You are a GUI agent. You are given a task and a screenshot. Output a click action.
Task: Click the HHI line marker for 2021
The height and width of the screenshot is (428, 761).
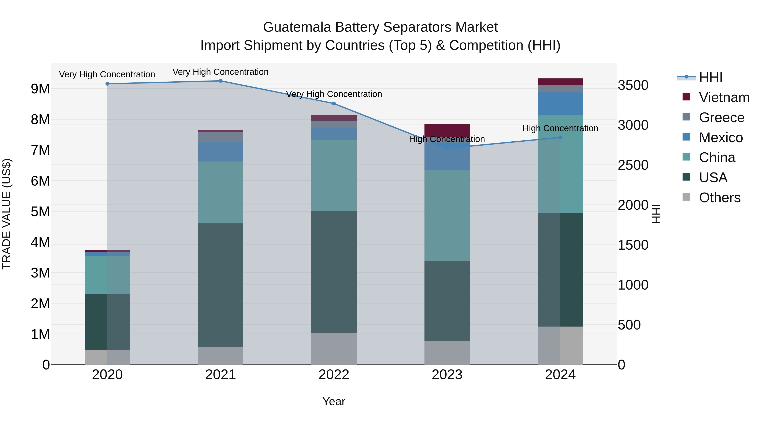[220, 81]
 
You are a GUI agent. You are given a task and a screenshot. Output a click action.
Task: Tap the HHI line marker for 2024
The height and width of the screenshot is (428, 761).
[560, 137]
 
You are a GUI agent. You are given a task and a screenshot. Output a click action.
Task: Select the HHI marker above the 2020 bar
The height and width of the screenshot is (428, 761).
[107, 84]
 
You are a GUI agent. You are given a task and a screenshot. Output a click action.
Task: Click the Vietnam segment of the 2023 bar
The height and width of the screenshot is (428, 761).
[447, 130]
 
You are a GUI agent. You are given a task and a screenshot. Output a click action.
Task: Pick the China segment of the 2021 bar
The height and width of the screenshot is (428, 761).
[220, 192]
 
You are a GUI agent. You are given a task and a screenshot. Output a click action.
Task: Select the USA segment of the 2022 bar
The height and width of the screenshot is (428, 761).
[334, 271]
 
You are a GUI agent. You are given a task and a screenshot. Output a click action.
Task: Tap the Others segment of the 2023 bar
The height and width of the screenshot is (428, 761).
[447, 353]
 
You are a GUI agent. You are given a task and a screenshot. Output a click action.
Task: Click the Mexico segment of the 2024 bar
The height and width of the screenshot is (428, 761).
[560, 103]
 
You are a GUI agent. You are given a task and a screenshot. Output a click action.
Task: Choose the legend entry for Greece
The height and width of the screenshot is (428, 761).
[721, 118]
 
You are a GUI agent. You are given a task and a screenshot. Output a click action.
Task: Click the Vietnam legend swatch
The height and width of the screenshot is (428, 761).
[686, 97]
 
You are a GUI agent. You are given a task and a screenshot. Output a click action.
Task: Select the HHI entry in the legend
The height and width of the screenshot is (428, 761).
[710, 77]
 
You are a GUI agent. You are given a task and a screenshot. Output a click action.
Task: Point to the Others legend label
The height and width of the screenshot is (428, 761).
[720, 198]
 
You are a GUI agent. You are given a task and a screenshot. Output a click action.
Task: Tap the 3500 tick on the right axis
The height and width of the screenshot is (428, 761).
[633, 85]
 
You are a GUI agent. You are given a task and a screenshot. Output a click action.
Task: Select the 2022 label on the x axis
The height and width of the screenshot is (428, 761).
[334, 375]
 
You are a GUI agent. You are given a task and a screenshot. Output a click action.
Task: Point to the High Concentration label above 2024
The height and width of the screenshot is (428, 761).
[560, 129]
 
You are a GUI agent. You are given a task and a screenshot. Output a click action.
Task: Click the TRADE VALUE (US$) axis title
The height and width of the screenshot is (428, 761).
[7, 214]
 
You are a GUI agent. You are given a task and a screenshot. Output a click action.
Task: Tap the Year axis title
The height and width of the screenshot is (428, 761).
[334, 401]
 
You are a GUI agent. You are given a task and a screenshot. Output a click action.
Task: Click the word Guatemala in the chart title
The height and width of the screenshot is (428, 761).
[297, 27]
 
